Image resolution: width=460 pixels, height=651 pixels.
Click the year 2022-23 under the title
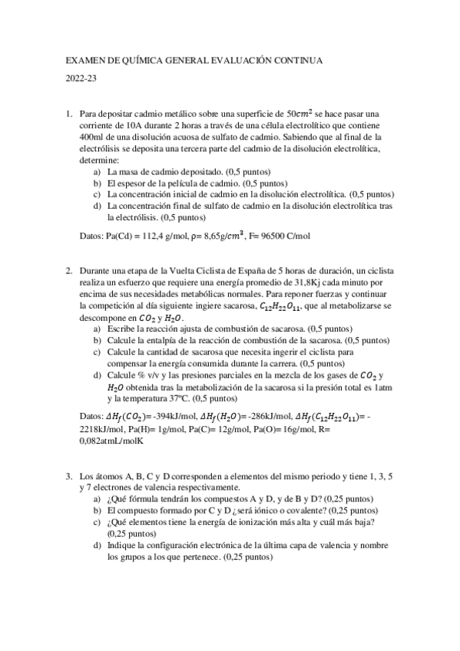(80, 78)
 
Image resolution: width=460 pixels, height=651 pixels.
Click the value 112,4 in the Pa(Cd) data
(150, 236)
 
